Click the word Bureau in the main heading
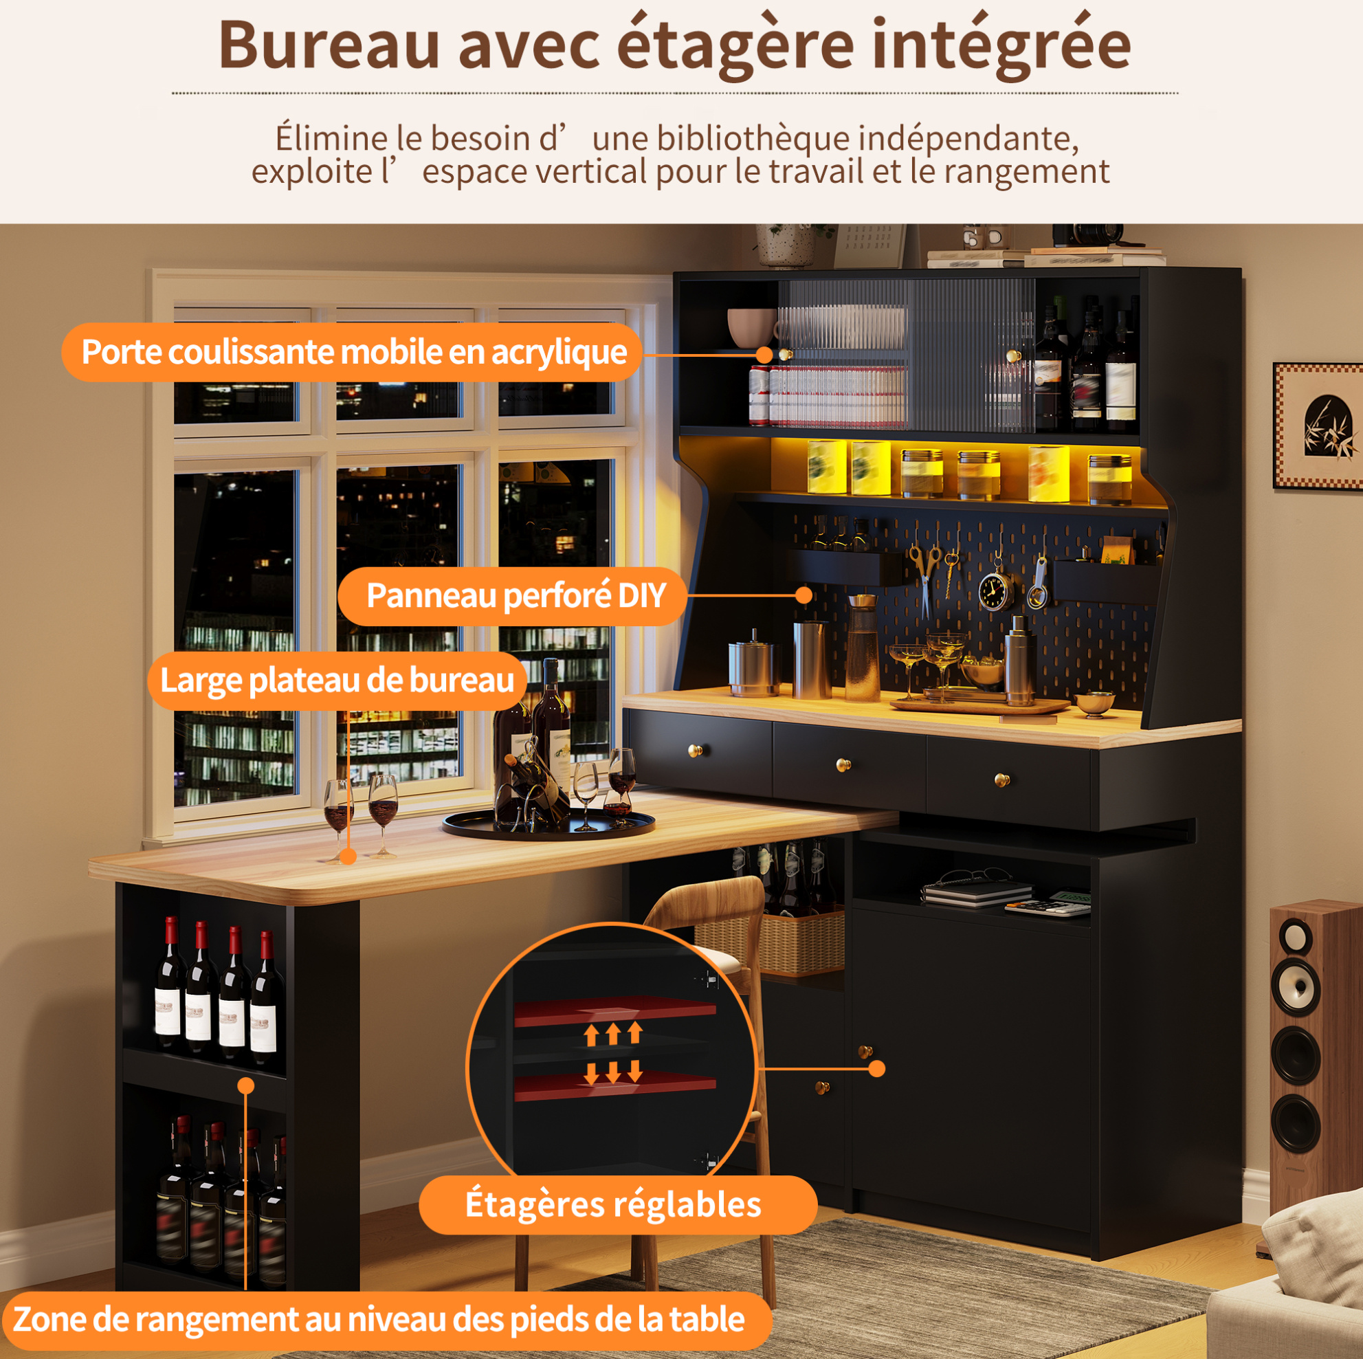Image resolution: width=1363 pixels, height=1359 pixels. [329, 45]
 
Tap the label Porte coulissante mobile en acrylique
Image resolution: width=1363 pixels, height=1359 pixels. [353, 352]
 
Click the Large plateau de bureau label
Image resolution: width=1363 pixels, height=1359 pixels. [337, 681]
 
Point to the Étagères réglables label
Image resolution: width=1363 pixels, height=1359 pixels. [614, 1204]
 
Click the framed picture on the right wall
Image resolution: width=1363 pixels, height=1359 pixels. [1317, 426]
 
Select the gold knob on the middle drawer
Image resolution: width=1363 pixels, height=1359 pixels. [843, 764]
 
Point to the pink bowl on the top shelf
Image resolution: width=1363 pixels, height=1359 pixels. [752, 327]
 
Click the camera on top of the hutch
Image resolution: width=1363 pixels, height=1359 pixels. [1087, 234]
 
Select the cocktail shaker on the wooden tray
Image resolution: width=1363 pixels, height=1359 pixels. [1019, 661]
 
